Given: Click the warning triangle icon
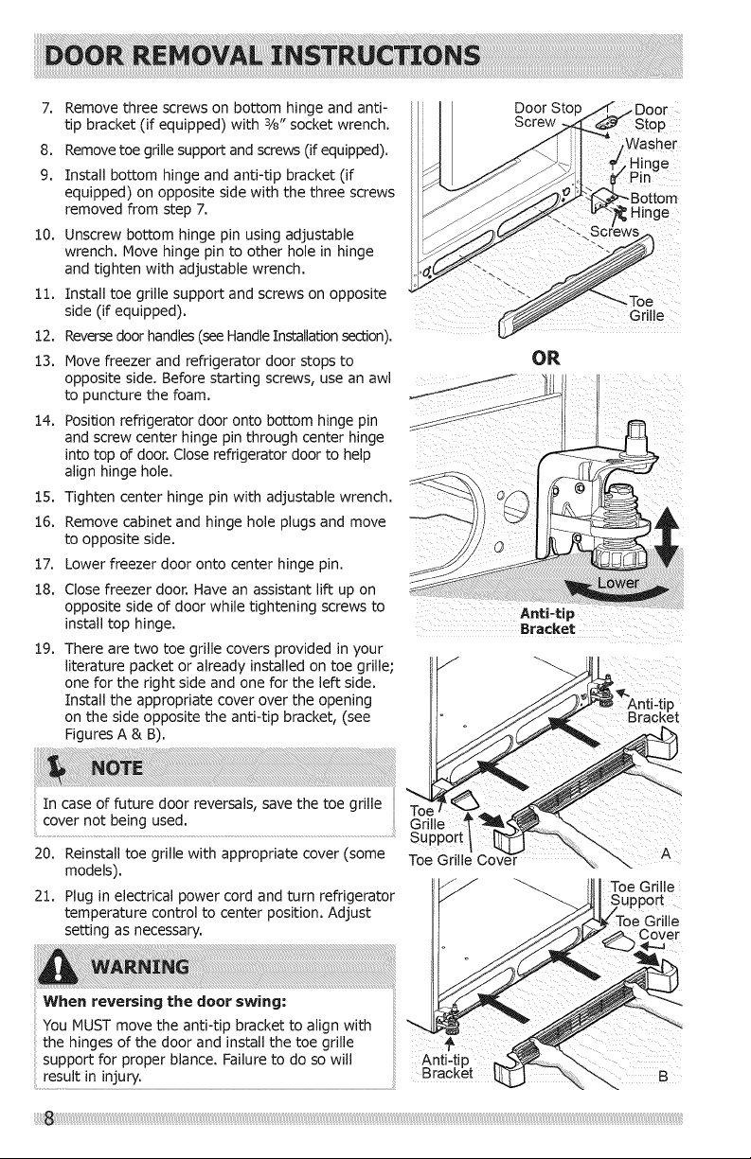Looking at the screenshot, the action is [62, 965].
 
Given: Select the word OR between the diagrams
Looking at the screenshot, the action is [545, 358].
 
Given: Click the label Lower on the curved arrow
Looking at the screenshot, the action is [617, 583].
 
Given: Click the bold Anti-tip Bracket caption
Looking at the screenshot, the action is [547, 621].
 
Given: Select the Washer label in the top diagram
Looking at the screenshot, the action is [651, 143].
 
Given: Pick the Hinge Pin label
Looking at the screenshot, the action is [649, 170].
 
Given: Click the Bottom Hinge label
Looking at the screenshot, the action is [653, 205].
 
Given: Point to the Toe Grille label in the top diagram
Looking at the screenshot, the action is [647, 308].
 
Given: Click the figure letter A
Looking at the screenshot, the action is [666, 853].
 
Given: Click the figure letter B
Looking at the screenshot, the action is [663, 1077].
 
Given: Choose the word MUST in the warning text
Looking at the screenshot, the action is [88, 1025].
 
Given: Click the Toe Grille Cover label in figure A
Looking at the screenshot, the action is [463, 860].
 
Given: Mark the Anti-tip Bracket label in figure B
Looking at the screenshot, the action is [448, 1065].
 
